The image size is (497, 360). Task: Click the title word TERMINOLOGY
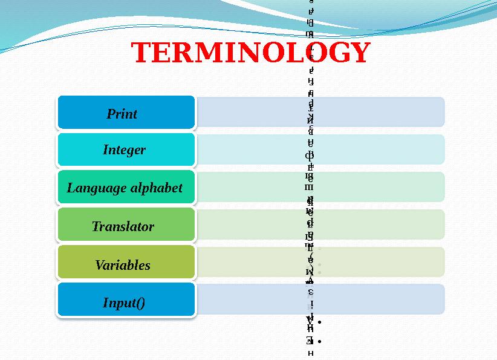pyautogui.click(x=251, y=53)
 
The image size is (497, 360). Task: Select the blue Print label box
pyautogui.click(x=126, y=113)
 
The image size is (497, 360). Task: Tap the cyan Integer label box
pyautogui.click(x=126, y=149)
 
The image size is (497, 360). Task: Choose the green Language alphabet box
pyautogui.click(x=126, y=188)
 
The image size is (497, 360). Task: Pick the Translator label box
pyautogui.click(x=126, y=226)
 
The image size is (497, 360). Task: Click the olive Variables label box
pyautogui.click(x=126, y=264)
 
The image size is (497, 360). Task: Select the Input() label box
pyautogui.click(x=126, y=301)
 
